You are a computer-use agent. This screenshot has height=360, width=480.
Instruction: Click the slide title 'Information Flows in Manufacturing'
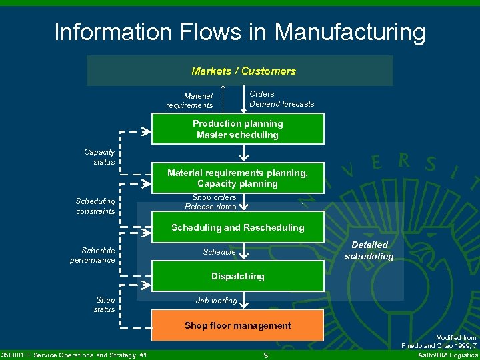pos(239,31)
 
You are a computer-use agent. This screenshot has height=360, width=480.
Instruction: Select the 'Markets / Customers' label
pos(243,71)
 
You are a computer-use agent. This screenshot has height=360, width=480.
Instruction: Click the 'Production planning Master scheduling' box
pos(238,129)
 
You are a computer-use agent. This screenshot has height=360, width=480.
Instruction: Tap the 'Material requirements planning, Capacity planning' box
pos(238,178)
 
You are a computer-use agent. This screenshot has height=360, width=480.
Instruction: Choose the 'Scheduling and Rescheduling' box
pos(238,227)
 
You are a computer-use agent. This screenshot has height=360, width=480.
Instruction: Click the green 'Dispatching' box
pos(238,276)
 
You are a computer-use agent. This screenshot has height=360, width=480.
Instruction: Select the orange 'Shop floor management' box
pos(238,325)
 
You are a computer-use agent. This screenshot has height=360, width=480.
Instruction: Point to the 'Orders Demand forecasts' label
pos(281,99)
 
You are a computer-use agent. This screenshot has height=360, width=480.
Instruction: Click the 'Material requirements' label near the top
pos(190,101)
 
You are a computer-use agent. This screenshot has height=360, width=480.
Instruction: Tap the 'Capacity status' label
pos(99,157)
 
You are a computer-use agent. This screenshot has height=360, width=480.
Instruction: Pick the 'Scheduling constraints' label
pos(95,206)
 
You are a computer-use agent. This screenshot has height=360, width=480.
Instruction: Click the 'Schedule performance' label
pos(93,255)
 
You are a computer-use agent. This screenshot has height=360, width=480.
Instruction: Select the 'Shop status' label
pos(105,305)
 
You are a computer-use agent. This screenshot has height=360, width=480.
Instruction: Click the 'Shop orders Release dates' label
pos(211,202)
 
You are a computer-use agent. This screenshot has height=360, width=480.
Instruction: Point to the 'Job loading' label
pos(216,301)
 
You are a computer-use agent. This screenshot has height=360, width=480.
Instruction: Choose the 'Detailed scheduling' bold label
pos(369,251)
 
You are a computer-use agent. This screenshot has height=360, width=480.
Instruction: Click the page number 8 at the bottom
pos(265,355)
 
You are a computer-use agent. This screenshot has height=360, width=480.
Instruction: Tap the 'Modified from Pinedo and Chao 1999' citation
pos(439,342)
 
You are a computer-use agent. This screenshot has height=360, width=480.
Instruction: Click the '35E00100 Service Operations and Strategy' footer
pos(74,354)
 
